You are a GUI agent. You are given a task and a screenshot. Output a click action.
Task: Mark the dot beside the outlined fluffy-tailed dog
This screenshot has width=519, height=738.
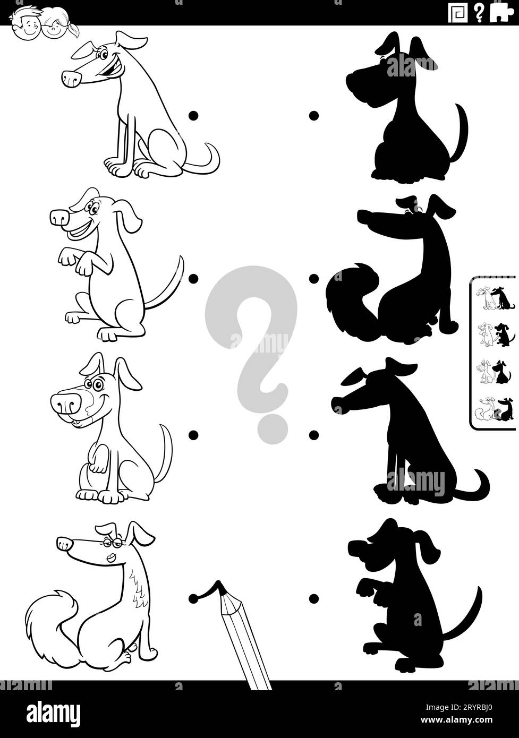coord(192,598)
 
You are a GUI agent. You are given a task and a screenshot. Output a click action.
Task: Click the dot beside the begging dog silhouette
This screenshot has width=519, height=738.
coord(314,598)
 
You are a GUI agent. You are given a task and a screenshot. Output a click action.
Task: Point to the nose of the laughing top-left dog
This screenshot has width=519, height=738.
coord(71,79)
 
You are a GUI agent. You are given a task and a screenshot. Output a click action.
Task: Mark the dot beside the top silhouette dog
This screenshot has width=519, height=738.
coord(314,115)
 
